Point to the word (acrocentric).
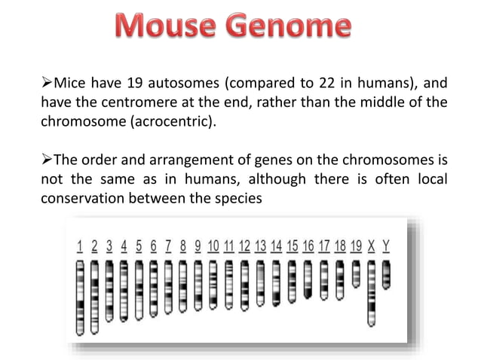click(x=164, y=120)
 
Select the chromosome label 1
click(x=80, y=246)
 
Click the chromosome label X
click(x=371, y=246)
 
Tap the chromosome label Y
click(x=386, y=246)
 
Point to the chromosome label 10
click(x=213, y=246)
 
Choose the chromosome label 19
click(x=356, y=246)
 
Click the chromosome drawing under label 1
click(x=80, y=297)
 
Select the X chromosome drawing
click(x=371, y=293)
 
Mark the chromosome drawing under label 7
click(x=168, y=285)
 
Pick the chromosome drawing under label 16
click(x=308, y=278)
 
